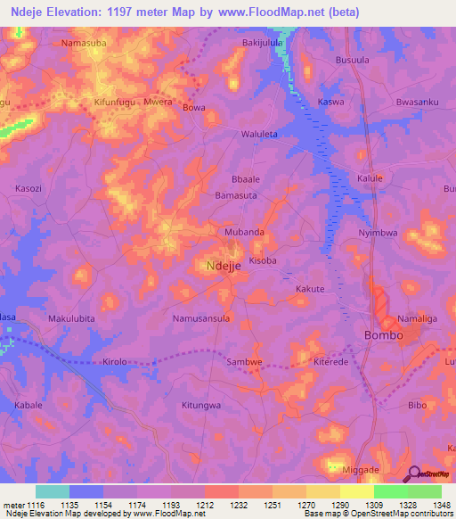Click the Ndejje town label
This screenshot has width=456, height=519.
click(x=224, y=266)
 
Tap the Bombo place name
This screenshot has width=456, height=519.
click(x=384, y=335)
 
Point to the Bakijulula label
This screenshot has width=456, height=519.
click(x=263, y=42)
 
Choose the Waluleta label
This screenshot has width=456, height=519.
click(x=260, y=135)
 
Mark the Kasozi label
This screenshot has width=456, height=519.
click(x=28, y=189)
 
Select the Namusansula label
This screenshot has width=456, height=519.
click(x=201, y=317)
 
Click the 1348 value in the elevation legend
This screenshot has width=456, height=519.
click(x=443, y=506)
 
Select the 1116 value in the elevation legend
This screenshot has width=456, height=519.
click(x=36, y=506)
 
